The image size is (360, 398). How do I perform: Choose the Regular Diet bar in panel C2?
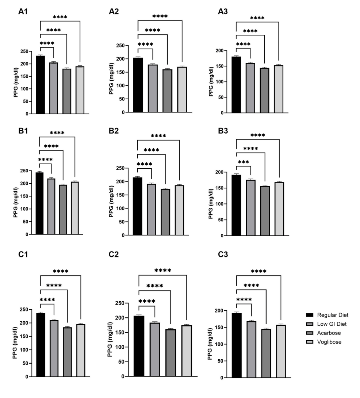coord(139,346)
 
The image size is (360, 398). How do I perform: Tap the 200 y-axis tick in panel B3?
coord(222,172)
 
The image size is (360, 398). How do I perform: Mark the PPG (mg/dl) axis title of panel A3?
coord(211,81)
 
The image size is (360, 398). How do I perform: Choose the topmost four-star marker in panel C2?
coord(162,271)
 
